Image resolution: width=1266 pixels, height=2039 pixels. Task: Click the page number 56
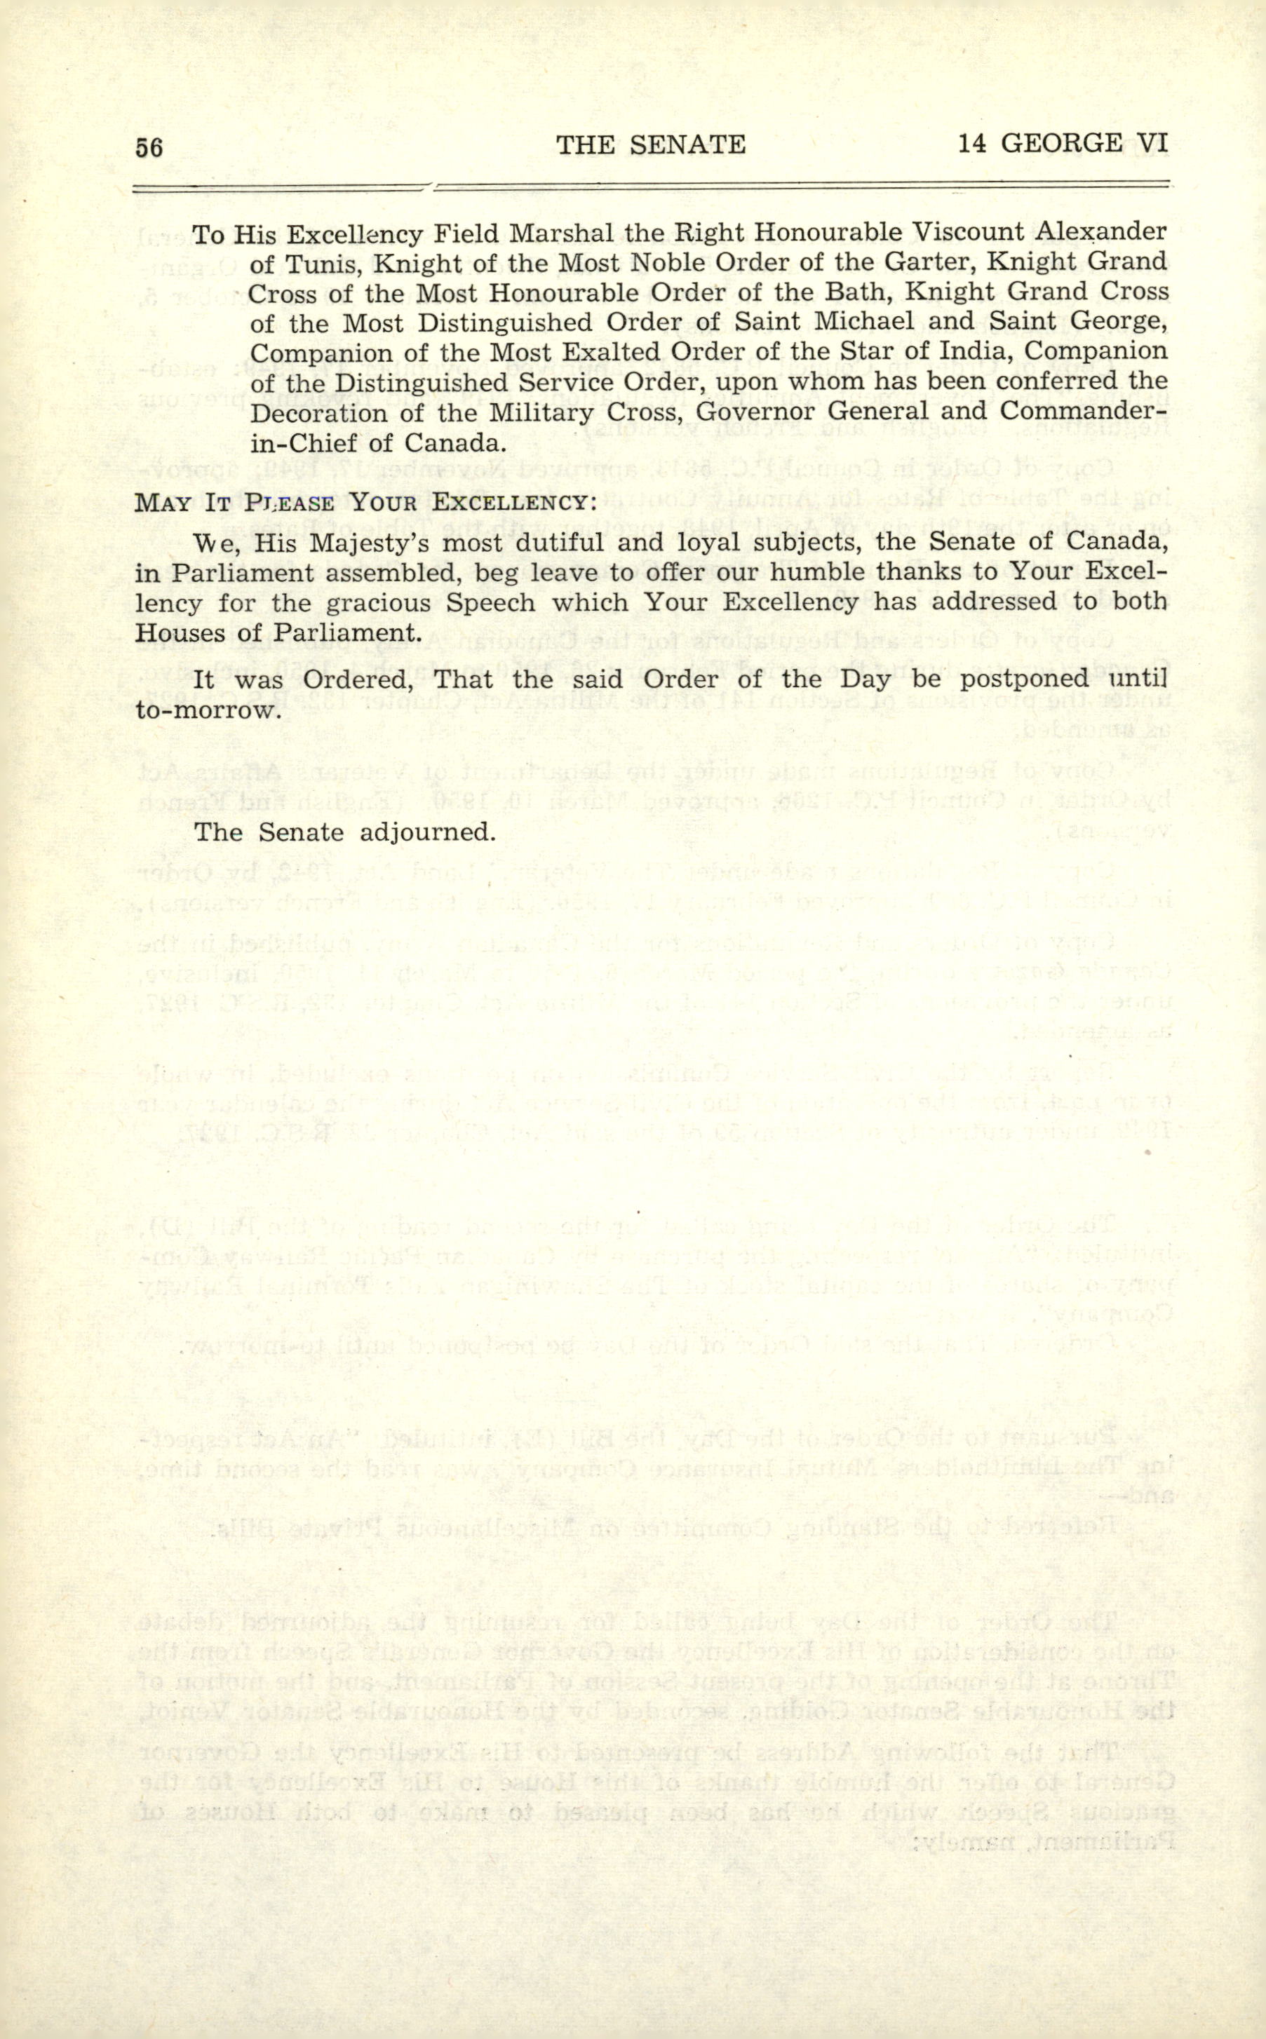[x=148, y=147]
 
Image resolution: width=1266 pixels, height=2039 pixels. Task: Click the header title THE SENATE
[x=651, y=145]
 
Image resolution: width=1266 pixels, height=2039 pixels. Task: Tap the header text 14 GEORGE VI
[x=1063, y=143]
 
